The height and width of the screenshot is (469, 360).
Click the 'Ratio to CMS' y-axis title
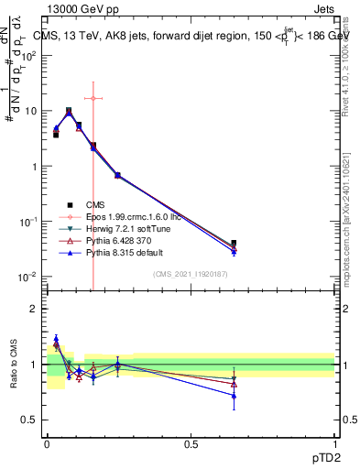point(13,364)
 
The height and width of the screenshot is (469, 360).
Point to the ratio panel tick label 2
point(33,309)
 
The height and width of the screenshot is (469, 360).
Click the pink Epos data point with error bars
point(93,98)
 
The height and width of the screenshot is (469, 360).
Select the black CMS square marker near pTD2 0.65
point(235,244)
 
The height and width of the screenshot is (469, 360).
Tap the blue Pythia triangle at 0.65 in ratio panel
point(235,396)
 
